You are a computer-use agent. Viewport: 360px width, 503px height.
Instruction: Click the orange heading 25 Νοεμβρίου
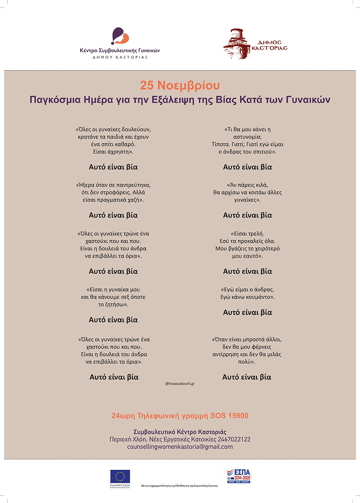180,85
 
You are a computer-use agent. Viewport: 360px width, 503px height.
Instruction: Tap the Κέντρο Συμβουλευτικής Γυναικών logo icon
120,36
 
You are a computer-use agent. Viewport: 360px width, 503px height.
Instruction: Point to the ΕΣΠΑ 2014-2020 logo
238,476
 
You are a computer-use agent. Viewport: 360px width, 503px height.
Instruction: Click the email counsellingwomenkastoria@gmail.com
180,446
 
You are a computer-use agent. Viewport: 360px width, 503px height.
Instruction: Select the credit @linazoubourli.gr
180,384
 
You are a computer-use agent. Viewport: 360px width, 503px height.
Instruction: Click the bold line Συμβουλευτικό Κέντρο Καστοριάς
180,432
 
